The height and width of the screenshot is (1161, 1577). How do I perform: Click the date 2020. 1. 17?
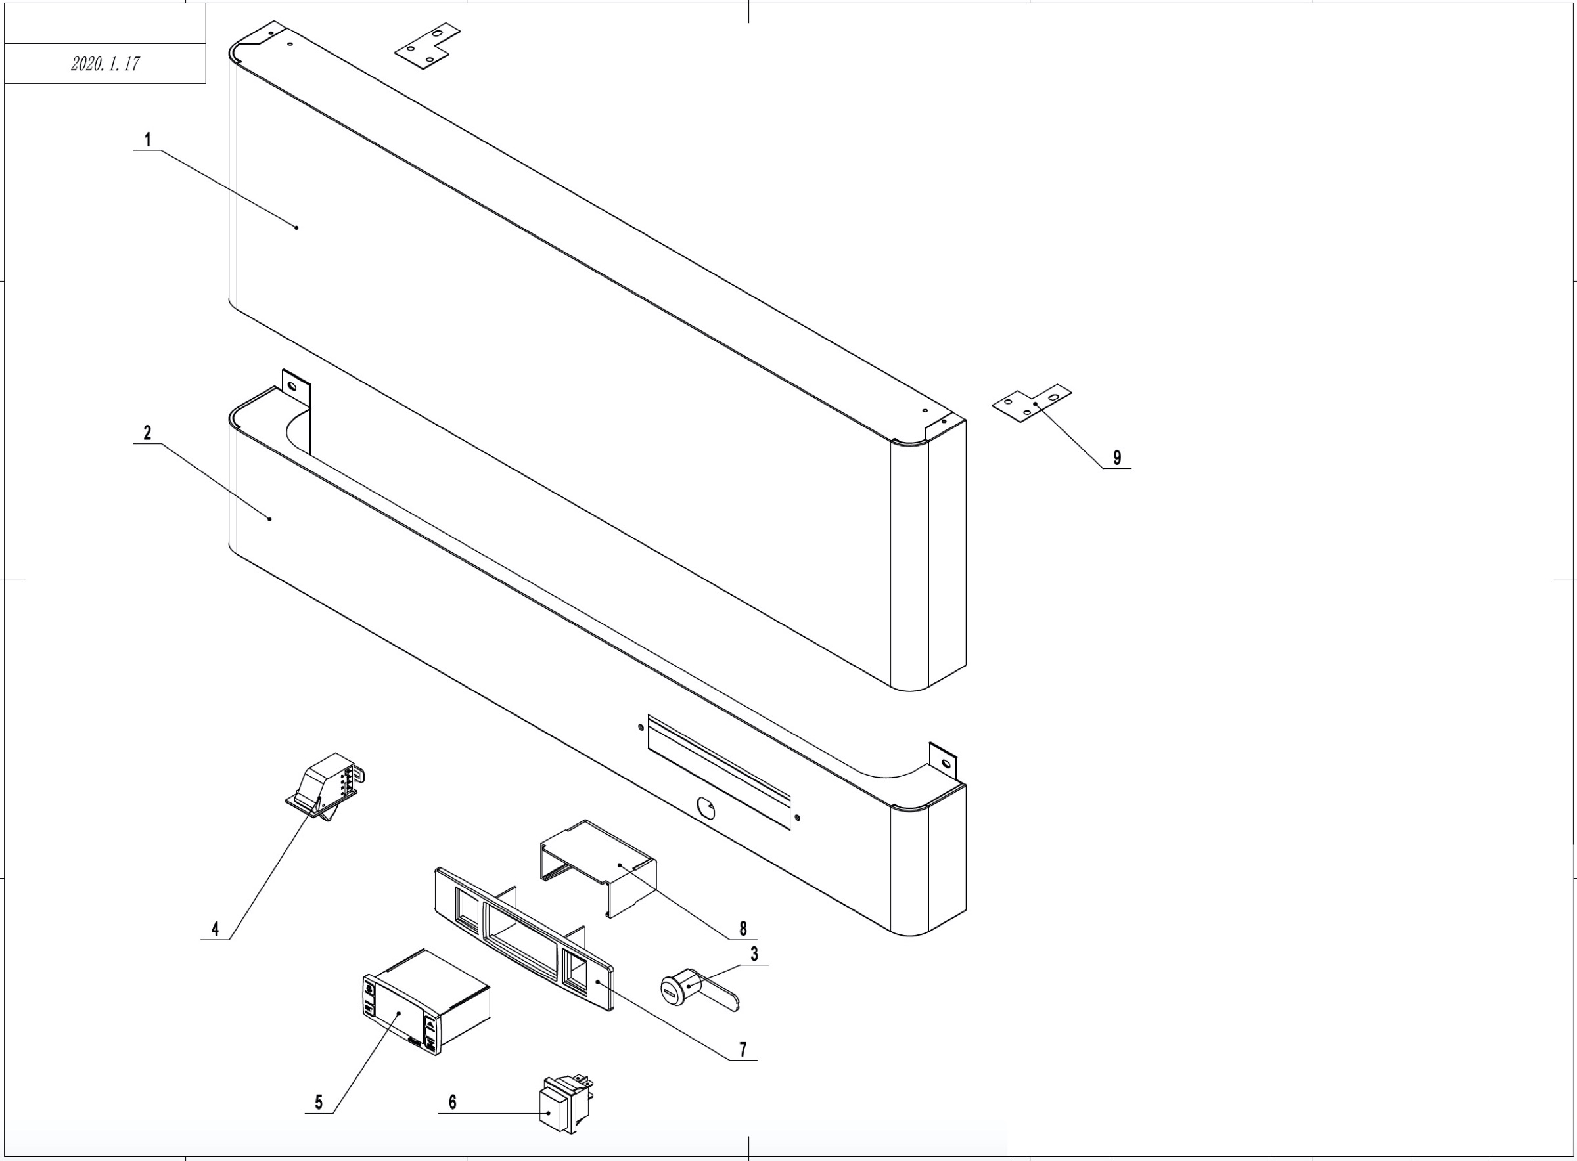click(105, 64)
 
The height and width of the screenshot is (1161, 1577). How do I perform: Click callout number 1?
click(148, 140)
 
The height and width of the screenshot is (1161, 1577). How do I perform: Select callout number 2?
click(147, 433)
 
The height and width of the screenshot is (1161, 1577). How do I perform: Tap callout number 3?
click(754, 953)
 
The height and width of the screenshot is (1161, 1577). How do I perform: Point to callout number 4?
click(215, 929)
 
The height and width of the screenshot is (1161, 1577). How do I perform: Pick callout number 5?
click(319, 1103)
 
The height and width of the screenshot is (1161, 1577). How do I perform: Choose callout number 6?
click(452, 1103)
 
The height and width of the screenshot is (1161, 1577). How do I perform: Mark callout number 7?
click(743, 1050)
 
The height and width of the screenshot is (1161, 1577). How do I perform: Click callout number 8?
click(743, 929)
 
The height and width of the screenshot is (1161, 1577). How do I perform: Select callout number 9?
click(1117, 458)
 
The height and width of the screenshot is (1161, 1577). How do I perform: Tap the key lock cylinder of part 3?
click(676, 990)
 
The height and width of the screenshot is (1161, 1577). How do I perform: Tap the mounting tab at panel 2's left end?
click(295, 387)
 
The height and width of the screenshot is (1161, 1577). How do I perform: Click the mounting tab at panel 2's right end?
click(944, 761)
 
